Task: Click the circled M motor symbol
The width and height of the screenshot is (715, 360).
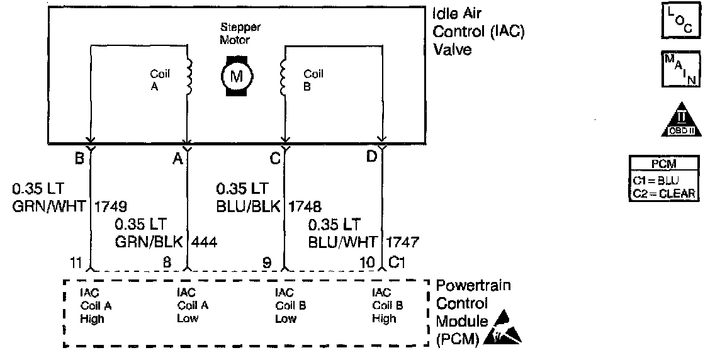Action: pyautogui.click(x=237, y=77)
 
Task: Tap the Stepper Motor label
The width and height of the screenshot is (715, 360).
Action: pyautogui.click(x=240, y=33)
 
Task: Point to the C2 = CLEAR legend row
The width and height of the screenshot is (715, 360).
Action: pyautogui.click(x=663, y=193)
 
